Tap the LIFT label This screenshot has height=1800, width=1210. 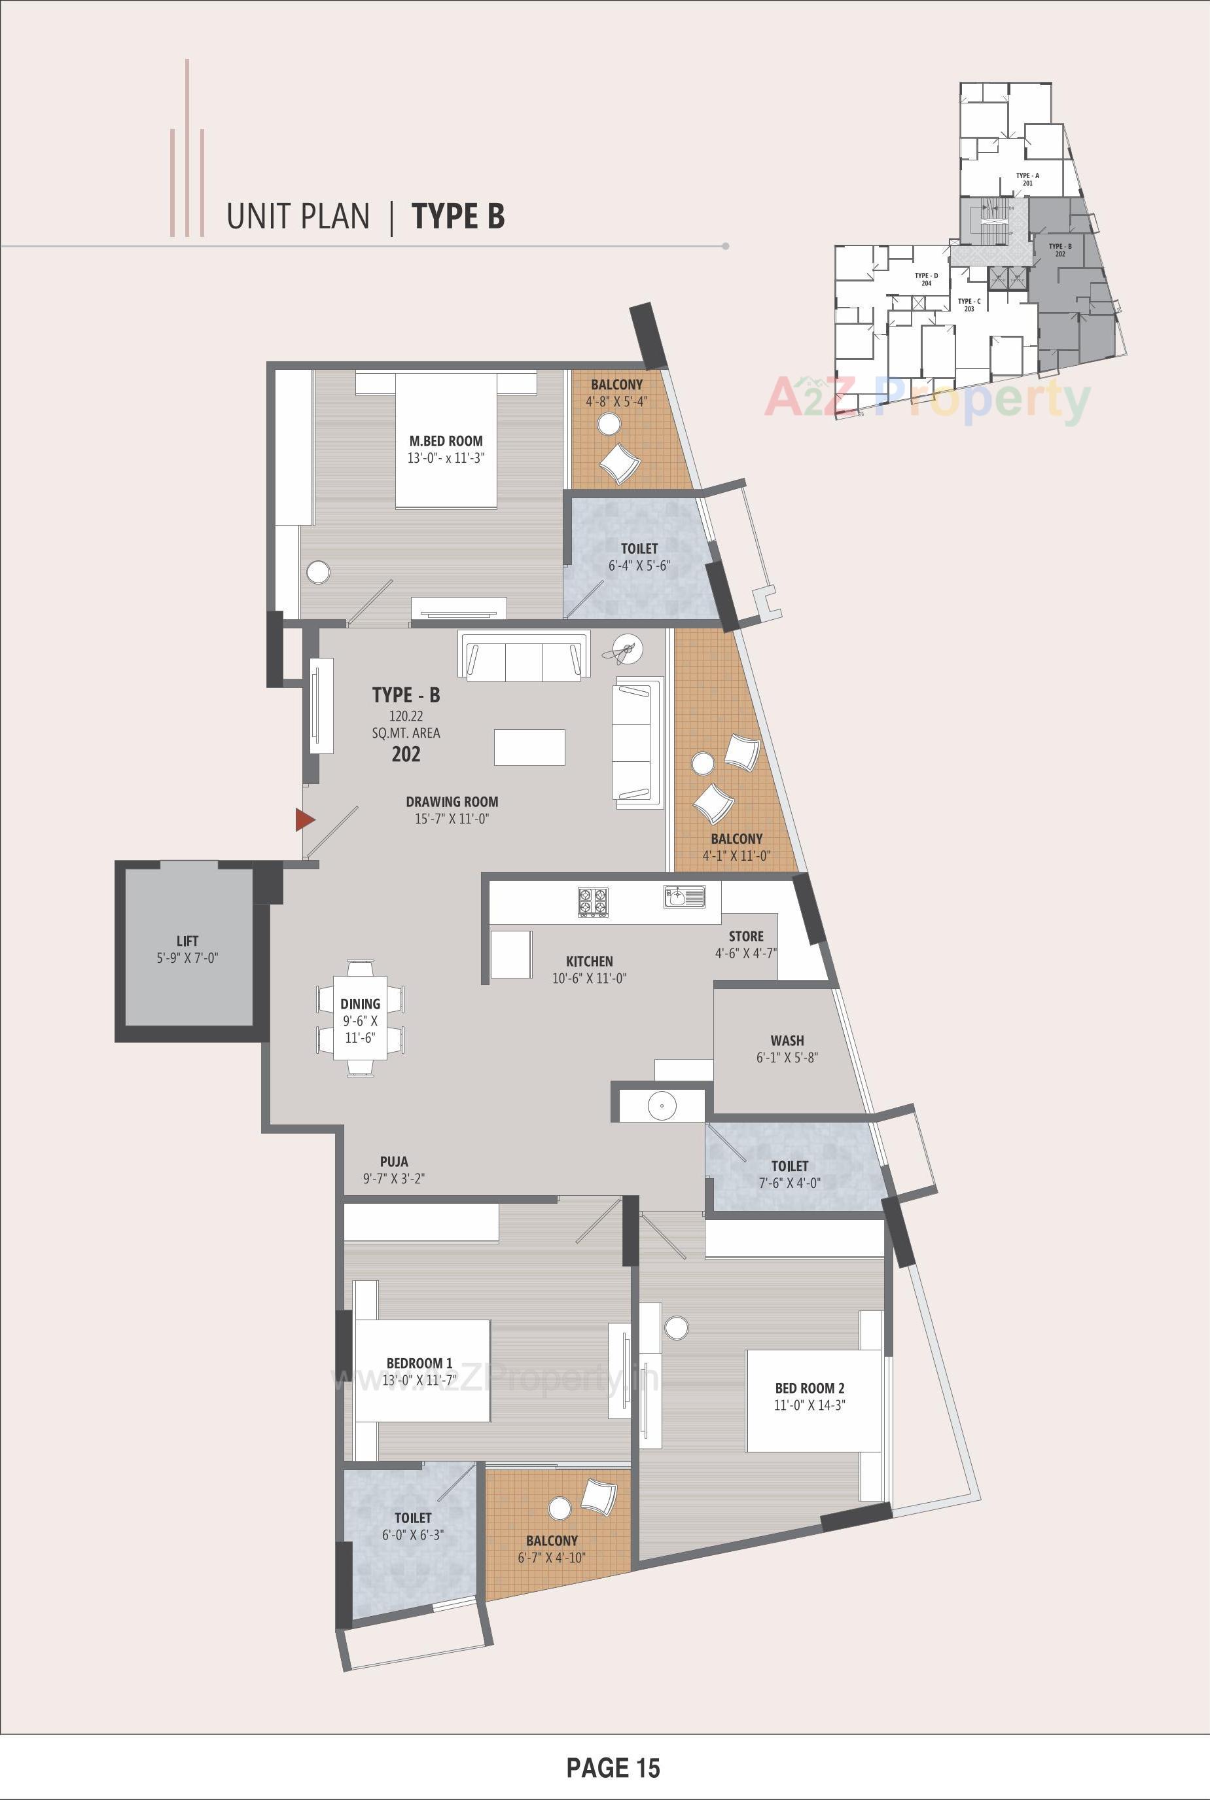pos(188,941)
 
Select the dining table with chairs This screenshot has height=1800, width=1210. pos(360,1018)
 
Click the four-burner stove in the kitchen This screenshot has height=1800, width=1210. pos(594,901)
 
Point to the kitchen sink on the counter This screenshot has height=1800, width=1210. pos(684,897)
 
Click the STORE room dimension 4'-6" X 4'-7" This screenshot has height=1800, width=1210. pos(745,953)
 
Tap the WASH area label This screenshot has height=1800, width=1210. pos(787,1041)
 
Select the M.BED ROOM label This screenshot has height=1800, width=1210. pos(446,441)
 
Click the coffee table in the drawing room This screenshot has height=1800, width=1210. pos(529,746)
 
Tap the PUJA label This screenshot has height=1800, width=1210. pos(393,1161)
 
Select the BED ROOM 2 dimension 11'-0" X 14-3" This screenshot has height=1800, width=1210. pos(810,1405)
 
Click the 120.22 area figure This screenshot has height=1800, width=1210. pos(406,716)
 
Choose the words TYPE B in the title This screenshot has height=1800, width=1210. pos(458,216)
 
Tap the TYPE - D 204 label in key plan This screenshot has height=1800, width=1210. pos(926,279)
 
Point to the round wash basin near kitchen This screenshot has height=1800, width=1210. pos(662,1106)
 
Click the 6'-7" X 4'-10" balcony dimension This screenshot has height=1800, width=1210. pos(552,1558)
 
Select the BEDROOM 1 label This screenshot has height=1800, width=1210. pos(419,1363)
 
